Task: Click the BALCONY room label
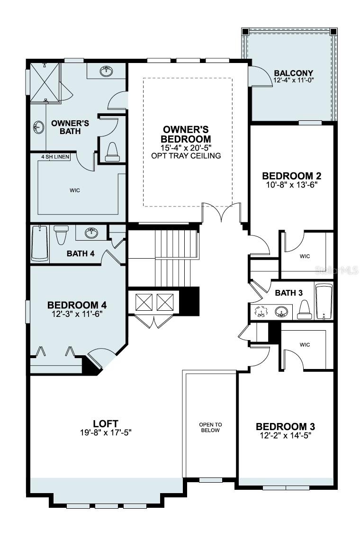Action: [x=294, y=73]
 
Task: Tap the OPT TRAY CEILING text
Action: [x=186, y=155]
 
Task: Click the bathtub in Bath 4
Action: [x=40, y=243]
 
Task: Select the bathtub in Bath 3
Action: [x=324, y=301]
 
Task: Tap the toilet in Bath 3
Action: [x=304, y=310]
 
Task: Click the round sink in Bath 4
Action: [x=91, y=233]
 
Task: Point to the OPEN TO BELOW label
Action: [x=210, y=427]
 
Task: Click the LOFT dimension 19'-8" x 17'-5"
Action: [x=106, y=432]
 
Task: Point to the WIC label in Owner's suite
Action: [x=74, y=190]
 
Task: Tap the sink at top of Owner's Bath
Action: [x=107, y=72]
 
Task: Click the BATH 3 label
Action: [x=288, y=293]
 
